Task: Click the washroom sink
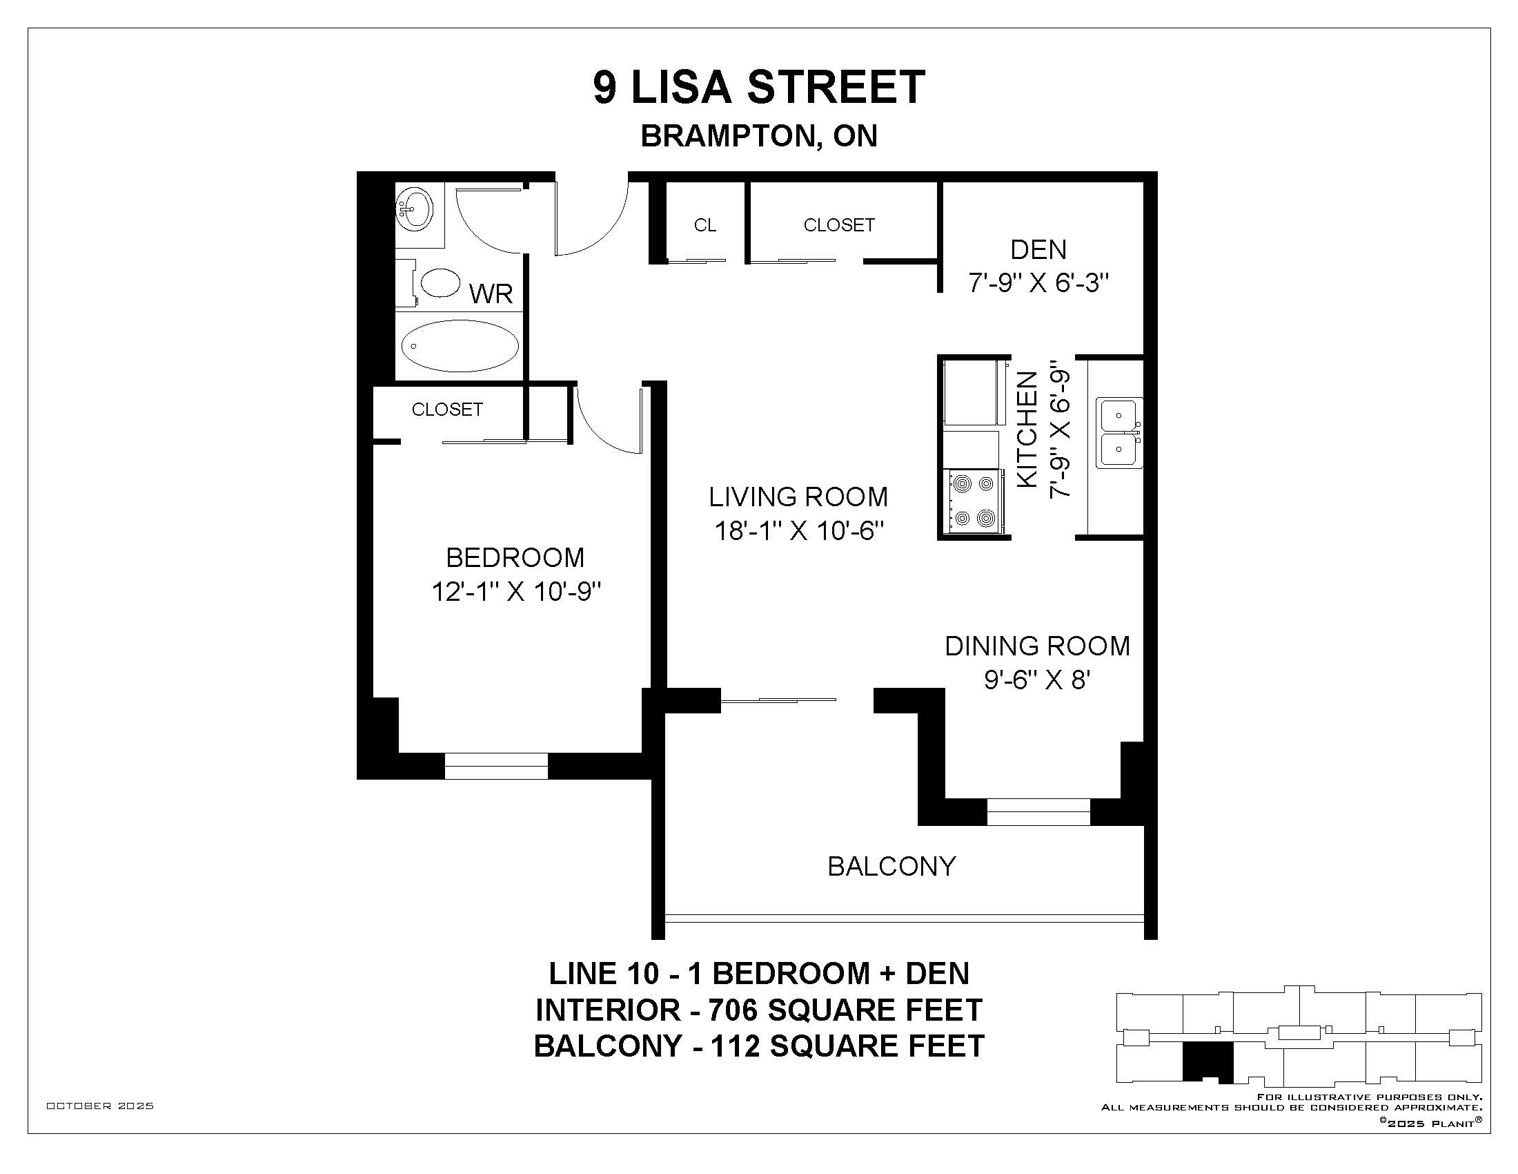tap(414, 208)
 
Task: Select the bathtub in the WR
tap(460, 347)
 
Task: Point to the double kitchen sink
tap(1119, 432)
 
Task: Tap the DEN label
tap(1038, 249)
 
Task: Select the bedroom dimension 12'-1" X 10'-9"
tap(515, 592)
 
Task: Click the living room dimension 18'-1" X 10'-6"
tap(799, 531)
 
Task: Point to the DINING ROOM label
tap(1037, 646)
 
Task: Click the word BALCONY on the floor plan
tap(891, 866)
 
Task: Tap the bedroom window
tap(496, 766)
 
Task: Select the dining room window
tap(1038, 811)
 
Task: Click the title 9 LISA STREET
tap(759, 87)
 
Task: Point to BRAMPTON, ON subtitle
tap(759, 136)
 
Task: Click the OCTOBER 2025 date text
tap(100, 1106)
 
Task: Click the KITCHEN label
tap(1027, 429)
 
